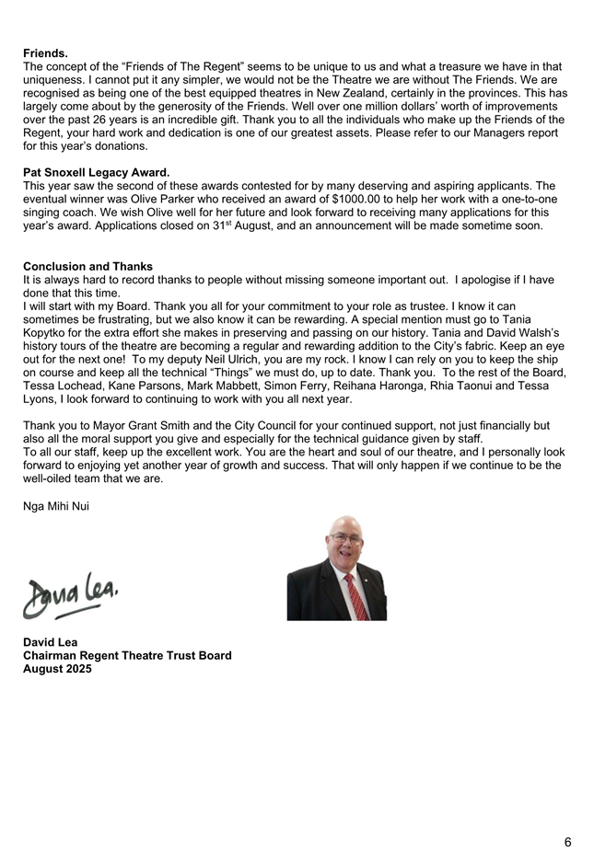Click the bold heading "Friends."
pyautogui.click(x=45, y=53)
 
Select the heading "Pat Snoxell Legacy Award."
pyautogui.click(x=96, y=171)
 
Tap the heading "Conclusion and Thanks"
pyautogui.click(x=87, y=267)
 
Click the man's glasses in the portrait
pyautogui.click(x=346, y=540)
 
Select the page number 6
pyautogui.click(x=567, y=842)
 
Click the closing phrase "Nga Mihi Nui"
pyautogui.click(x=56, y=505)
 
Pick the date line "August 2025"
pyautogui.click(x=57, y=669)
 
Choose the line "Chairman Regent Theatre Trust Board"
pyautogui.click(x=127, y=656)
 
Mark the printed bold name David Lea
pyautogui.click(x=51, y=642)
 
